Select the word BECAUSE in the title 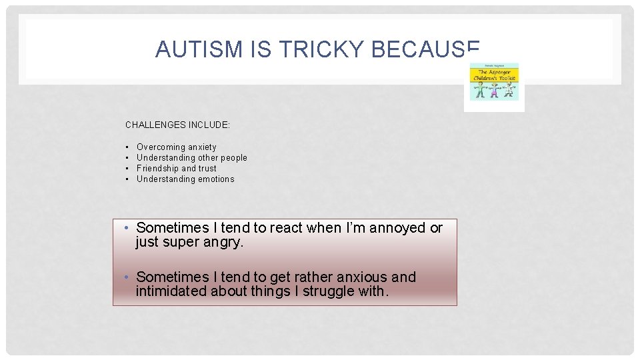point(425,49)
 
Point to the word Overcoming point(161,147)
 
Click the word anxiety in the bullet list point(202,147)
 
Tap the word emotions point(214,179)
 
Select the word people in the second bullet point(233,157)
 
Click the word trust point(207,168)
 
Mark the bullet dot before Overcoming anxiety point(127,147)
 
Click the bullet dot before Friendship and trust point(127,168)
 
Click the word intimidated point(171,291)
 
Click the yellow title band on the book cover point(494,74)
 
